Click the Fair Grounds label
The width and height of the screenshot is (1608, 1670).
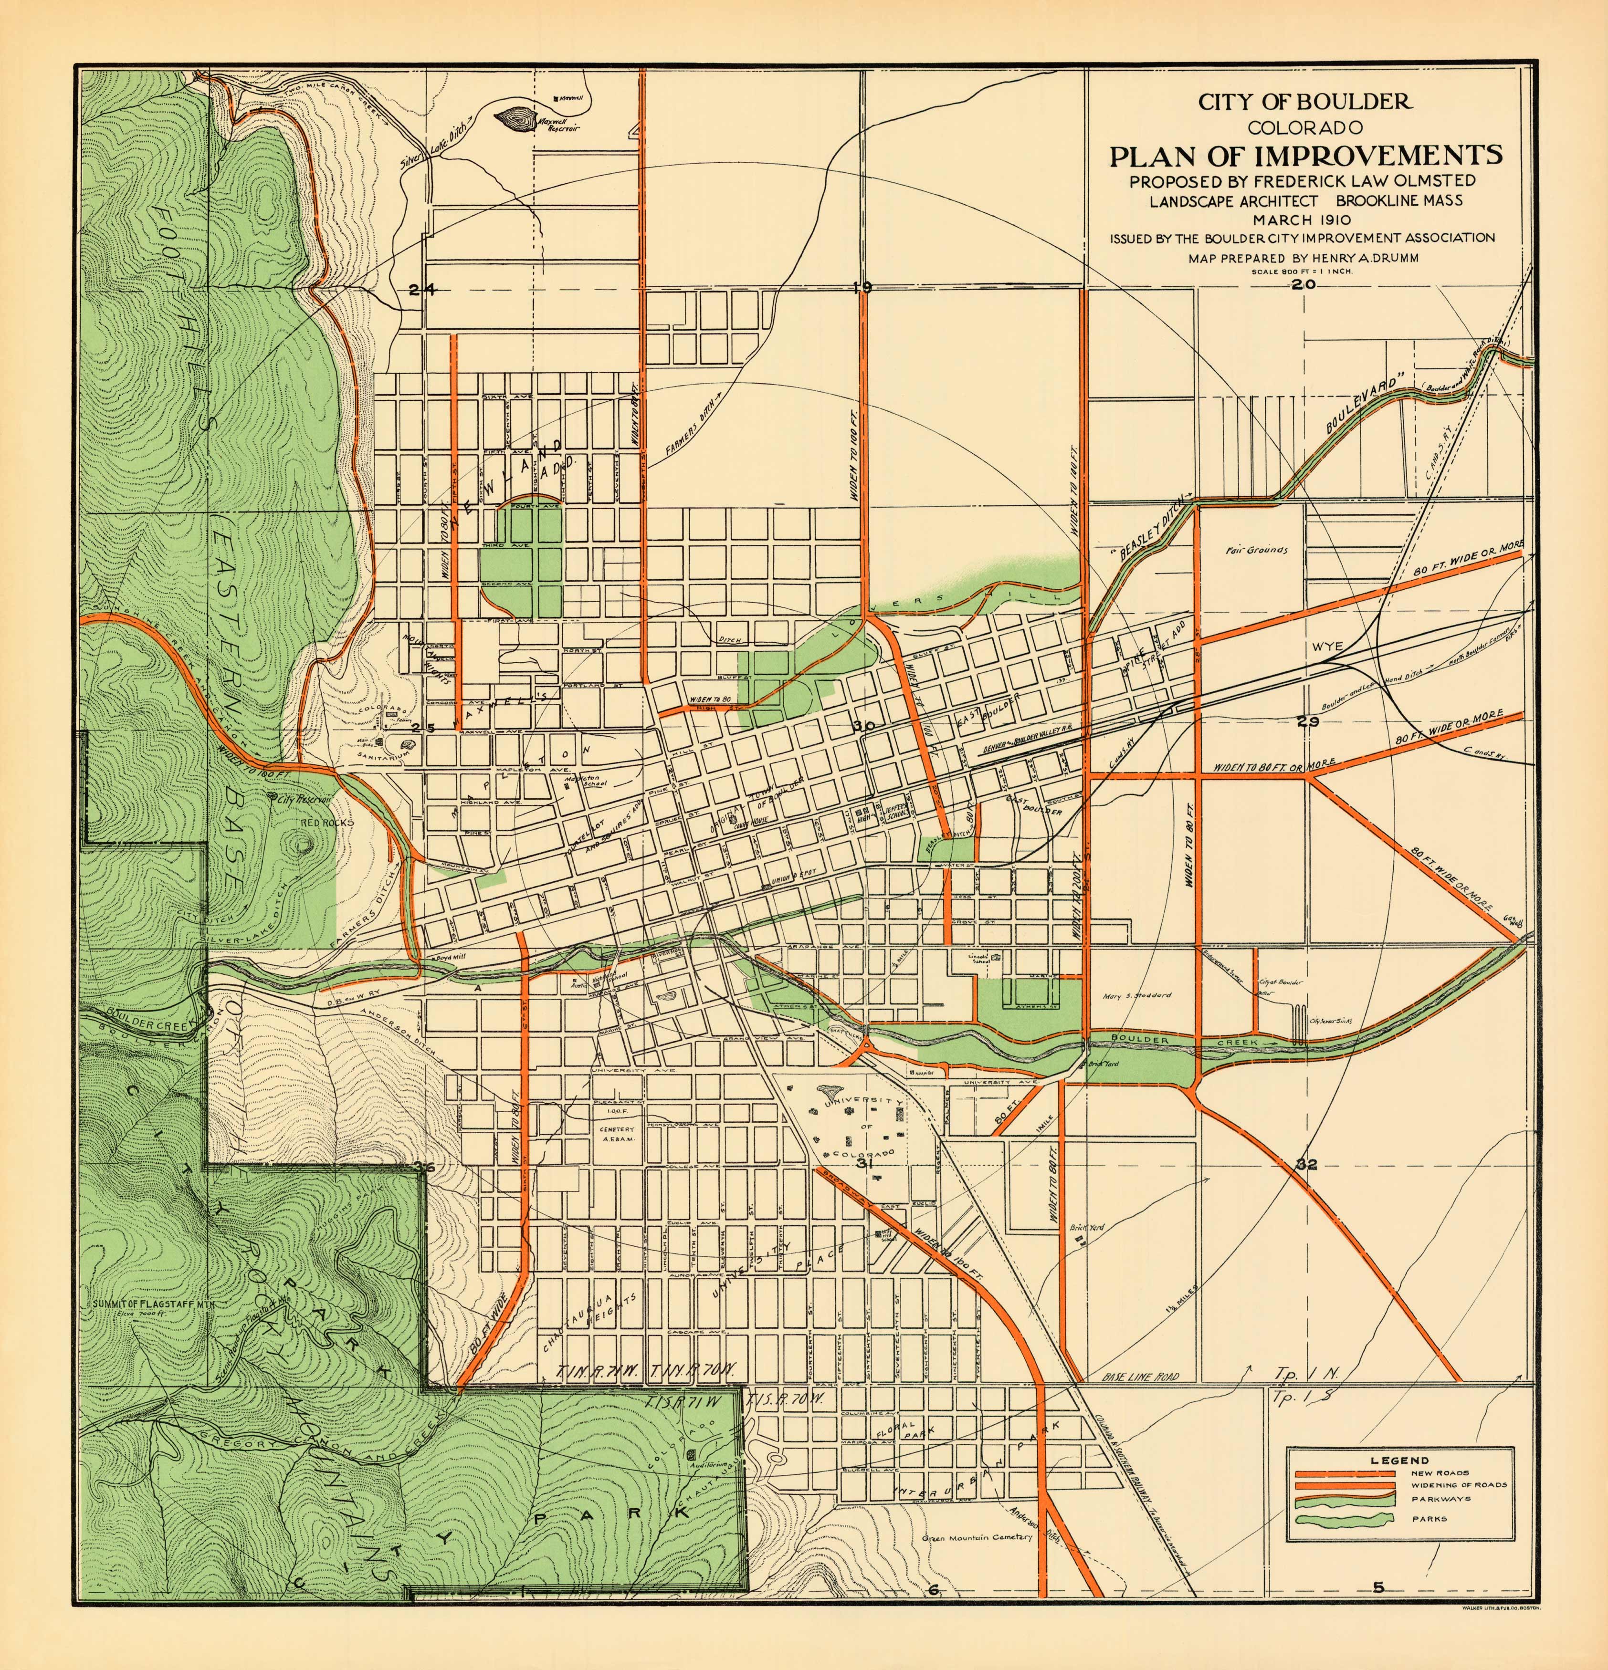[x=1257, y=550]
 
